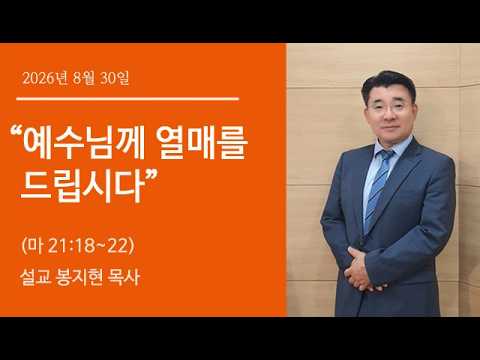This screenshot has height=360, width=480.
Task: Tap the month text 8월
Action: (84, 79)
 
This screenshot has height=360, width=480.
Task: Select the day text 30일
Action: (114, 79)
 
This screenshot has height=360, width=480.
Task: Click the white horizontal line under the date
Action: (128, 99)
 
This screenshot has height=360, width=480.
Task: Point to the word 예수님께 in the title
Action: (84, 144)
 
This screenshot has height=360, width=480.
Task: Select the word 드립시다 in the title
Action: (81, 187)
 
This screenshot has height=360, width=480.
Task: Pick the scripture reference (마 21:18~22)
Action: (78, 246)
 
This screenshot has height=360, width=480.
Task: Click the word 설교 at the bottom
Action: (35, 277)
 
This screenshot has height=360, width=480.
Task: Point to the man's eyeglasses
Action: (389, 107)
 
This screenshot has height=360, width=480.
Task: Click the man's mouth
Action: (389, 128)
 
